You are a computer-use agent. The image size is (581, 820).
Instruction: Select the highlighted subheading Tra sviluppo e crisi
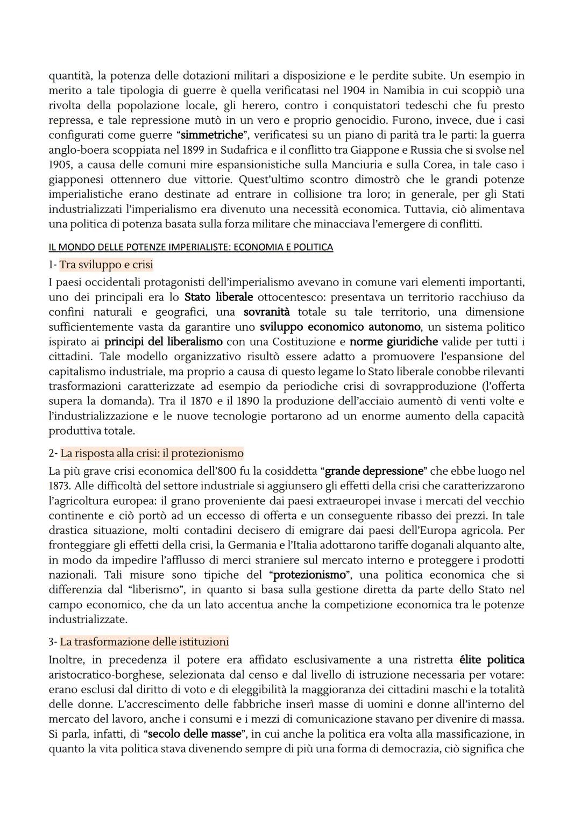[106, 265]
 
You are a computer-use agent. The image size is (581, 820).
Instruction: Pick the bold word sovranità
[266, 312]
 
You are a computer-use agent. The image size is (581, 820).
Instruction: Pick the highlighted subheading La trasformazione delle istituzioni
[144, 642]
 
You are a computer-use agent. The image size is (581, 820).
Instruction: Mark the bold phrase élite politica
[492, 660]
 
